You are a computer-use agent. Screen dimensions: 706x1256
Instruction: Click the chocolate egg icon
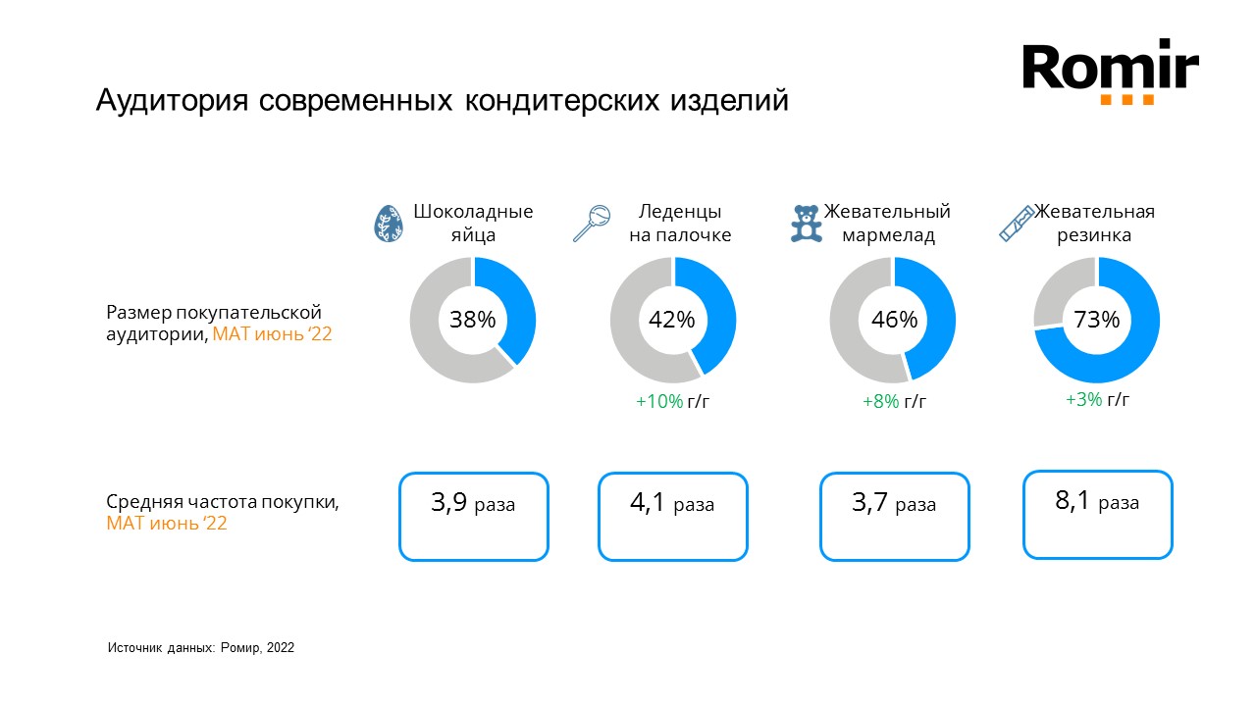(388, 225)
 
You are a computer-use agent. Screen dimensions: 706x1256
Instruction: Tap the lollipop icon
(592, 224)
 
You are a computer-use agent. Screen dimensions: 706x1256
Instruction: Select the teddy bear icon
(806, 224)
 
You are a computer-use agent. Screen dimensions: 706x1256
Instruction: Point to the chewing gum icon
(1017, 224)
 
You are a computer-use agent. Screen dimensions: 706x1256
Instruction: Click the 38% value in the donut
(473, 320)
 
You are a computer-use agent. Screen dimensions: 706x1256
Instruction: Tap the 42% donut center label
(672, 320)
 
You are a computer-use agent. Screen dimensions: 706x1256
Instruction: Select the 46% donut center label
(893, 320)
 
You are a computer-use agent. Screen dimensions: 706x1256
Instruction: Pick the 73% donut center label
(1096, 320)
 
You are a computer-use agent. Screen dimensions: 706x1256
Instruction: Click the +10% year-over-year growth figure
(659, 401)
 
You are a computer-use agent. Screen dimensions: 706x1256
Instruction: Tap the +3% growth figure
(1083, 399)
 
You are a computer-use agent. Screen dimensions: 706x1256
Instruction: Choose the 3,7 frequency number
(870, 504)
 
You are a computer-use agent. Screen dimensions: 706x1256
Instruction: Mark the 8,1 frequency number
(1073, 502)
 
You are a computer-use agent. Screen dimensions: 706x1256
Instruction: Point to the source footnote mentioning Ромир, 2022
(200, 648)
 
